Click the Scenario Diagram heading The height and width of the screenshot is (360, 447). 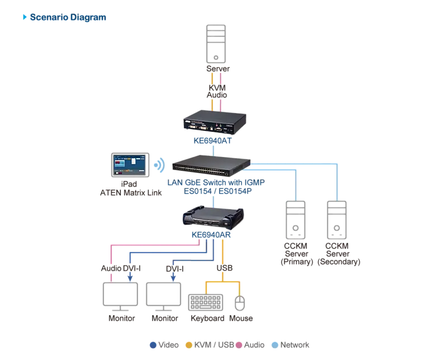(68, 17)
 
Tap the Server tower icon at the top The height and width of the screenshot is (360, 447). (216, 44)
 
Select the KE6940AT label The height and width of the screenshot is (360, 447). (213, 141)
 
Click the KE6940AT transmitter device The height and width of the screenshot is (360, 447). (215, 122)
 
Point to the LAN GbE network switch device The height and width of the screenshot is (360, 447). (211, 165)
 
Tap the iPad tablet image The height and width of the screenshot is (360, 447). (130, 165)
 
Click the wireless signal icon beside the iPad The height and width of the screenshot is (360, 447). (159, 165)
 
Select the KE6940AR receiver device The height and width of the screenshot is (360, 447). (213, 217)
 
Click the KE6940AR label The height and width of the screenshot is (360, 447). (211, 235)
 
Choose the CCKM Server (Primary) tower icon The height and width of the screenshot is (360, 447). (296, 220)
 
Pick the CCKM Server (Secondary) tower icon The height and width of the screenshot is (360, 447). (337, 220)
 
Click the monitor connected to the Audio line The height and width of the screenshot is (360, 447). (120, 297)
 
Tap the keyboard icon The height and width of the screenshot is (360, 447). (206, 302)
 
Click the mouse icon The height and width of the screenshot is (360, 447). (240, 303)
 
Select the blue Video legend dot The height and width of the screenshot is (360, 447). (153, 345)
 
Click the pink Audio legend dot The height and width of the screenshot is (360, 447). (239, 345)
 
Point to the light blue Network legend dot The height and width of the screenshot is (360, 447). (275, 345)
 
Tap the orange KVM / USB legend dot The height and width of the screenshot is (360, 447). (189, 345)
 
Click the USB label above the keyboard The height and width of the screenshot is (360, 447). (225, 268)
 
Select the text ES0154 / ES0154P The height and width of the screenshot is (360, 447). (218, 191)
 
